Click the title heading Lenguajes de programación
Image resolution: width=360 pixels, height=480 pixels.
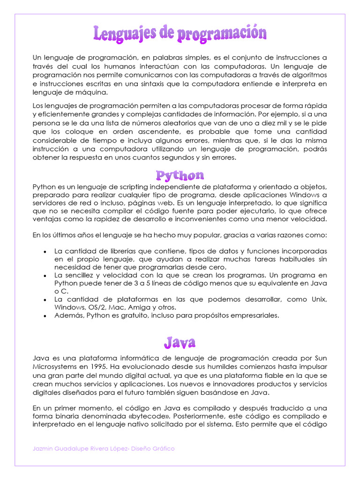tap(180, 33)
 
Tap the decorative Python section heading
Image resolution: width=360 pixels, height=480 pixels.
tap(180, 176)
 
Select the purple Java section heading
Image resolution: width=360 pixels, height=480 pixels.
tap(180, 343)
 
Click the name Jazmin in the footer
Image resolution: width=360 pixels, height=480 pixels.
tap(44, 449)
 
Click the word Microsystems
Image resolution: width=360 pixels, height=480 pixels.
tap(53, 366)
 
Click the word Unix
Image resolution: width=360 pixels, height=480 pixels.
tap(319, 300)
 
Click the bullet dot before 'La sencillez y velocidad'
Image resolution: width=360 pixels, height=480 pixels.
tap(45, 276)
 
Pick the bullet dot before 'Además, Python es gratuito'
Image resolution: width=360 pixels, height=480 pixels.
tap(45, 316)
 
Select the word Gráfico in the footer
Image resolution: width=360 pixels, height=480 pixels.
tap(163, 449)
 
